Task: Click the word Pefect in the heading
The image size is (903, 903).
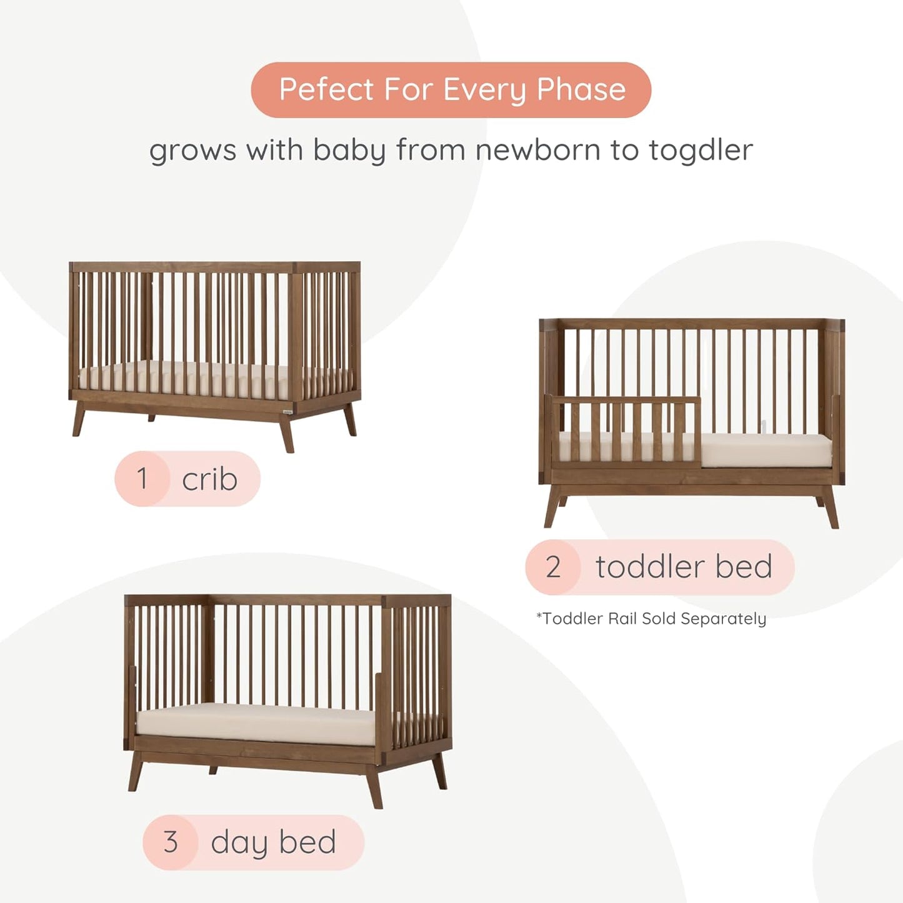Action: (326, 89)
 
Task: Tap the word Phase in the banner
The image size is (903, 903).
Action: (581, 89)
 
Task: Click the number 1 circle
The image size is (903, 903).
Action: (142, 479)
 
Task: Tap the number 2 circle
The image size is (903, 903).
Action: (553, 567)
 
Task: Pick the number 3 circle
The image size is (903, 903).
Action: (171, 842)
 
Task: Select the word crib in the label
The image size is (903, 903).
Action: (209, 479)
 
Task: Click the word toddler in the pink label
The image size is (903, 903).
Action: (650, 567)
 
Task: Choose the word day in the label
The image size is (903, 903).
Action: (239, 843)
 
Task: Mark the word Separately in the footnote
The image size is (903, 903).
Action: (723, 619)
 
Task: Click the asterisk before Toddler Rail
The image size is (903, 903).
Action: (539, 616)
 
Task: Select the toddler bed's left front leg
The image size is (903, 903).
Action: (552, 510)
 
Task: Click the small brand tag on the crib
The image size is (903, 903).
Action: (286, 411)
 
